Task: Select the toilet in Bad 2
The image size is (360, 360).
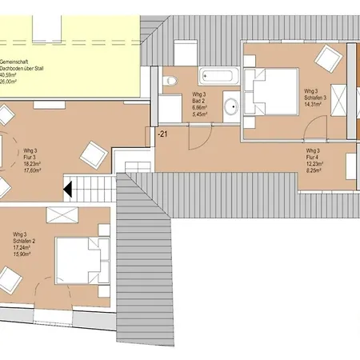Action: point(170,80)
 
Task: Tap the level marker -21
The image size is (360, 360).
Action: point(162,134)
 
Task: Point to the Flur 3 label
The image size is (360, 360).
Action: point(31,157)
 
